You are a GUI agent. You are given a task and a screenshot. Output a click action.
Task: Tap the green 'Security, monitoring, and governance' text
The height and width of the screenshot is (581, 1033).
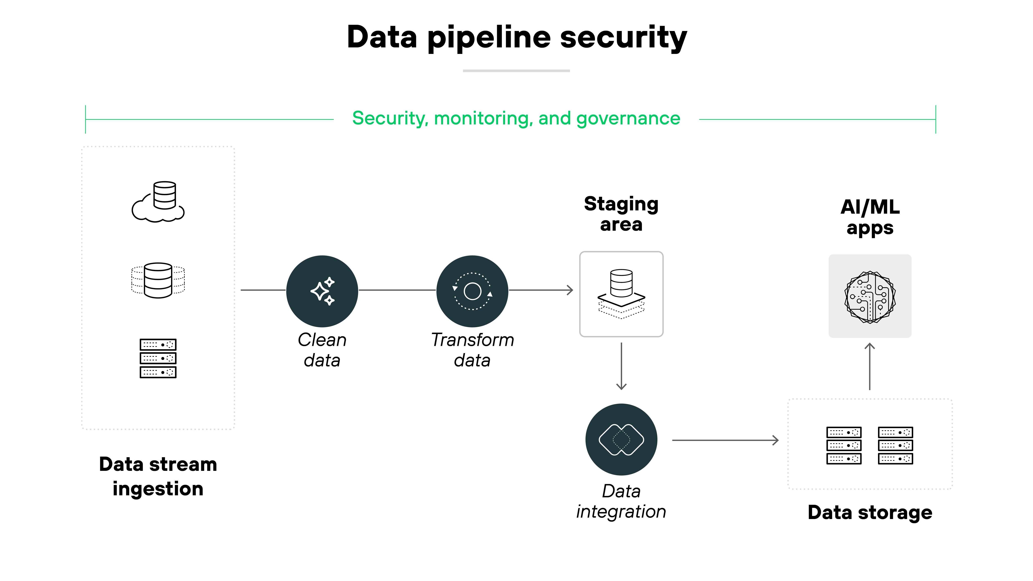click(516, 119)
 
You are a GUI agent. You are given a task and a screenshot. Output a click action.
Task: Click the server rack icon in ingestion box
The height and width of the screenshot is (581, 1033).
click(158, 358)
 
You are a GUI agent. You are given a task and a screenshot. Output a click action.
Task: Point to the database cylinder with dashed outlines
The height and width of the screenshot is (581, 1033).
click(158, 280)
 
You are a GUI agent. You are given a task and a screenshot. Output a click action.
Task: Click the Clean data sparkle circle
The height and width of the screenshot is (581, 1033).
click(322, 291)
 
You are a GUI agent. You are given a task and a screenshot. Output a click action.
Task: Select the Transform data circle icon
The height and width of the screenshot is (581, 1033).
click(472, 291)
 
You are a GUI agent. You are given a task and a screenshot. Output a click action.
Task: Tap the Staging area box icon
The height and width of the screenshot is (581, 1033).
click(621, 294)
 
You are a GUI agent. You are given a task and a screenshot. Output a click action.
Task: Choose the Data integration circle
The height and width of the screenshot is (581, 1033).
click(621, 439)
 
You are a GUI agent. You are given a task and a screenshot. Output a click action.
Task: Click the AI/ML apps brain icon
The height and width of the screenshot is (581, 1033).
click(870, 296)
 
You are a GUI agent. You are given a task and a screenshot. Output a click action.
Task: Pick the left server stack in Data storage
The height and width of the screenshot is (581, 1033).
click(844, 445)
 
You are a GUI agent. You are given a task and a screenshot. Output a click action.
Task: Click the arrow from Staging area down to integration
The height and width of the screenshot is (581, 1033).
click(621, 366)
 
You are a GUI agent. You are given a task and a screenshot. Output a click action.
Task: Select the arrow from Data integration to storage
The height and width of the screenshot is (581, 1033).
click(725, 440)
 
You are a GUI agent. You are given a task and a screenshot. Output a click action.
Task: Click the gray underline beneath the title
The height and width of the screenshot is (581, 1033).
click(516, 71)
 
